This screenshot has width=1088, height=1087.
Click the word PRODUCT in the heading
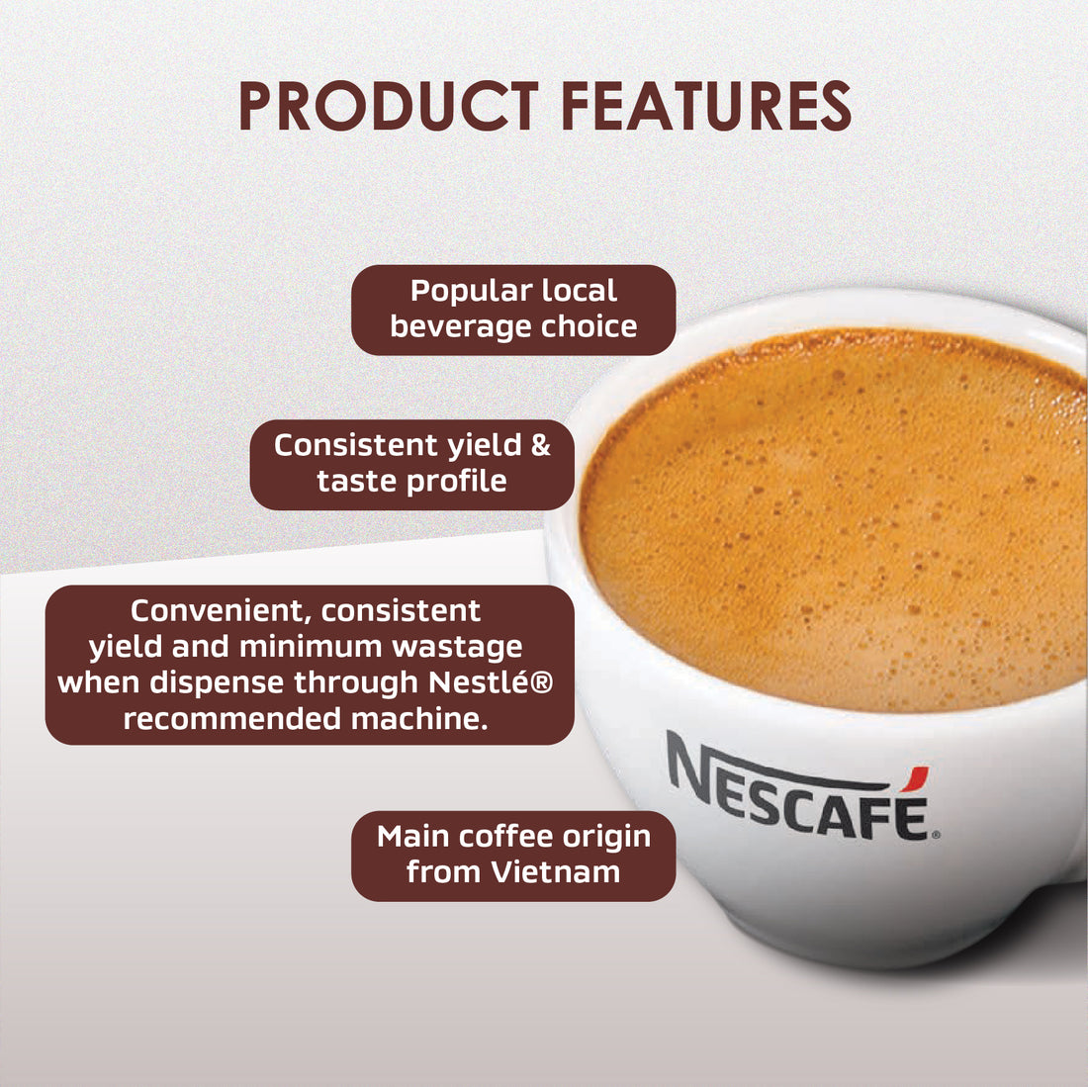388,107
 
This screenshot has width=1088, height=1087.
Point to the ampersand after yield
540,445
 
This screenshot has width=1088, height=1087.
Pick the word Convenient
220,610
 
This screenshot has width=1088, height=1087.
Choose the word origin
606,837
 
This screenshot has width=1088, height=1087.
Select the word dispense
227,682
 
